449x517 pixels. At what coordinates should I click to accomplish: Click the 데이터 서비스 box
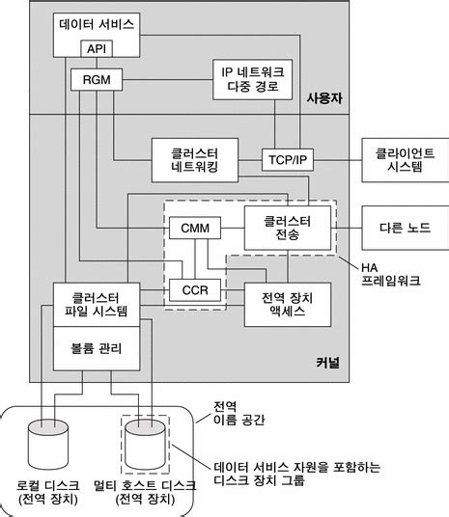97,23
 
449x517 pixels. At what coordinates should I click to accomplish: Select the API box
97,47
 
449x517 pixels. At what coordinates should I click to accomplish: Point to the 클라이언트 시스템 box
397,158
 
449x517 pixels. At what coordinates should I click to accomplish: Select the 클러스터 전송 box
287,228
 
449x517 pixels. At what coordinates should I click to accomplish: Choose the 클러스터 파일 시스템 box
96,301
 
